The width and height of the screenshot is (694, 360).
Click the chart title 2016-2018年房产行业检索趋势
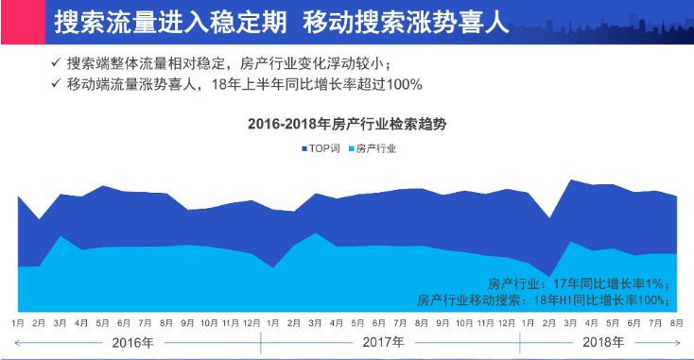tap(346, 124)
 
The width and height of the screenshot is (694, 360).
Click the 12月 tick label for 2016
tap(252, 323)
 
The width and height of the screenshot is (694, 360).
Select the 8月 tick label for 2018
tap(677, 323)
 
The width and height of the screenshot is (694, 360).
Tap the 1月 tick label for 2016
tap(18, 323)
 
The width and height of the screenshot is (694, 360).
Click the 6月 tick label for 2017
tap(377, 323)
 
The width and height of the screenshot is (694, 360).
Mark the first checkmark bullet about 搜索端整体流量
tap(57, 63)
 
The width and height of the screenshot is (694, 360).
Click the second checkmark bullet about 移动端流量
tap(57, 84)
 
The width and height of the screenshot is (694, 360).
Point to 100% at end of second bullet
tap(405, 84)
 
